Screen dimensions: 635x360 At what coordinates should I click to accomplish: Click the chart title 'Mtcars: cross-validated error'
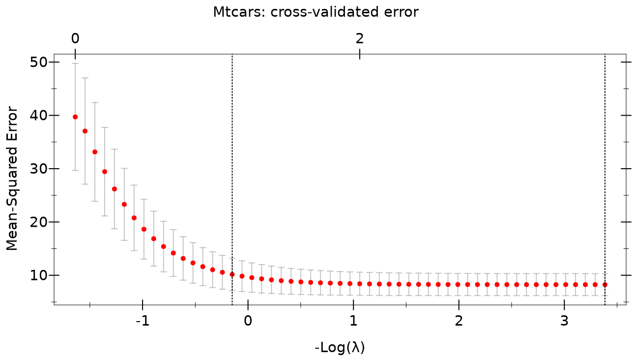pos(316,12)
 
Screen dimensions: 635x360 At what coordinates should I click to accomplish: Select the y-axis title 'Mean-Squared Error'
pos(12,179)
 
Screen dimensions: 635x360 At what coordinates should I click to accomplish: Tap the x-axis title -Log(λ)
pos(340,347)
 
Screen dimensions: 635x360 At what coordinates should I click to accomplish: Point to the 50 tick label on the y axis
pos(38,62)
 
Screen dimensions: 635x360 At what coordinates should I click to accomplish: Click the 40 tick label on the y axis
pos(38,116)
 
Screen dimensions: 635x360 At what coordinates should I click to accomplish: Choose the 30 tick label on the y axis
pos(38,169)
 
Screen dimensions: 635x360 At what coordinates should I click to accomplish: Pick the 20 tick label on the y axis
pos(38,222)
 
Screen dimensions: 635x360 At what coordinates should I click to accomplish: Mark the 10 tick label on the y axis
pos(38,275)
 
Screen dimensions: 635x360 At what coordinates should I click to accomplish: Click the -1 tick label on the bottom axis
pos(143,321)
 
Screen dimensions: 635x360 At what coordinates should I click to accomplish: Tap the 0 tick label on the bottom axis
pos(248,321)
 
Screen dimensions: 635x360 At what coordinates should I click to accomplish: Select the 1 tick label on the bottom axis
pos(353,321)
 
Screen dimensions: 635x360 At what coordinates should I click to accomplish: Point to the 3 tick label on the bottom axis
pos(564,321)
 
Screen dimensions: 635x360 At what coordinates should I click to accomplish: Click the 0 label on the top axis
pos(75,38)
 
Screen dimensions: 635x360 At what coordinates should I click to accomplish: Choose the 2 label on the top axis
pos(359,38)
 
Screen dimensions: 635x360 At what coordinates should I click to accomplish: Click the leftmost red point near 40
pos(75,117)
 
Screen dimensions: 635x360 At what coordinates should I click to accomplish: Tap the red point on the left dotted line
pos(232,274)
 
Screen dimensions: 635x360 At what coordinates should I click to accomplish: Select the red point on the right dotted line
pos(605,285)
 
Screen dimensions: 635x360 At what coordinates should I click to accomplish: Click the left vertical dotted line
pos(232,180)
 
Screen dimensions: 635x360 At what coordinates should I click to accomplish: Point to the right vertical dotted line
pos(605,180)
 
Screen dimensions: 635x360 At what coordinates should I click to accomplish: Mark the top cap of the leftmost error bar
pos(75,63)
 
